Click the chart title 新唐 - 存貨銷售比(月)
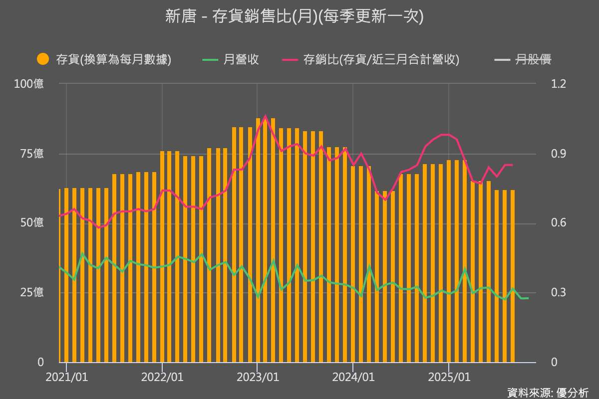[x=295, y=16]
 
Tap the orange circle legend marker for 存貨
[x=43, y=59]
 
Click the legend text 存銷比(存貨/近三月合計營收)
[x=381, y=60]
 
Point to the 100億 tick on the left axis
[x=29, y=84]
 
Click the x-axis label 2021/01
[x=66, y=377]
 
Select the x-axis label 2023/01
[x=258, y=377]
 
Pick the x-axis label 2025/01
[x=449, y=377]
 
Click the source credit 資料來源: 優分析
[x=548, y=393]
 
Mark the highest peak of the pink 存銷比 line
[x=265, y=116]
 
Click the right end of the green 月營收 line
[x=528, y=298]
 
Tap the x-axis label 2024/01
[x=353, y=377]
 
